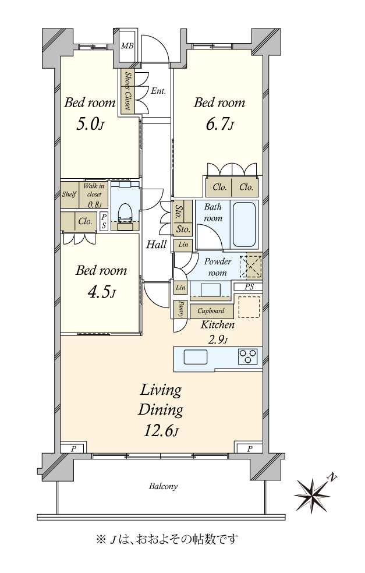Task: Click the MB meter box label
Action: tap(127, 46)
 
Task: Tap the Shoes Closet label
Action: tap(127, 90)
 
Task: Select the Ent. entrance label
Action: tap(158, 91)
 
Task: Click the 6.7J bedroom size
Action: tap(219, 125)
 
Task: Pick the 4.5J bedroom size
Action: tap(101, 292)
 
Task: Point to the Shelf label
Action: tap(69, 194)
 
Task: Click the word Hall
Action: tap(157, 244)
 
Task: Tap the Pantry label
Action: tap(181, 310)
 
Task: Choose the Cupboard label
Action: tap(211, 311)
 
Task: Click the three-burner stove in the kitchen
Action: tap(248, 356)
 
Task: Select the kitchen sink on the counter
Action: tap(196, 356)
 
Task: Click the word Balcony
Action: tap(163, 486)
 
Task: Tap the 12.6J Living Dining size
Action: tap(161, 431)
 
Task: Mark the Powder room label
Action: tap(217, 267)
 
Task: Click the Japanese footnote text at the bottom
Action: tap(167, 539)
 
